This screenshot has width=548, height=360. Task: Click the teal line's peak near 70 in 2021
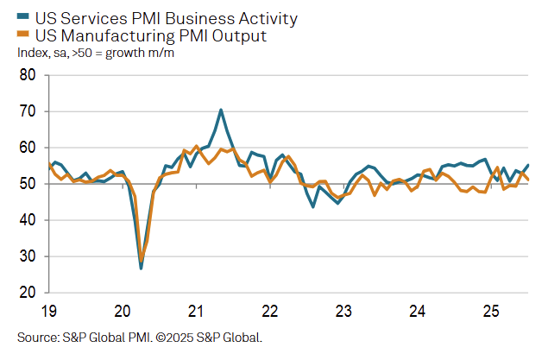point(221,110)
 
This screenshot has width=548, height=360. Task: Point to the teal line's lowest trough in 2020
point(141,268)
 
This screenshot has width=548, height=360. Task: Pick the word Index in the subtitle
point(32,53)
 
